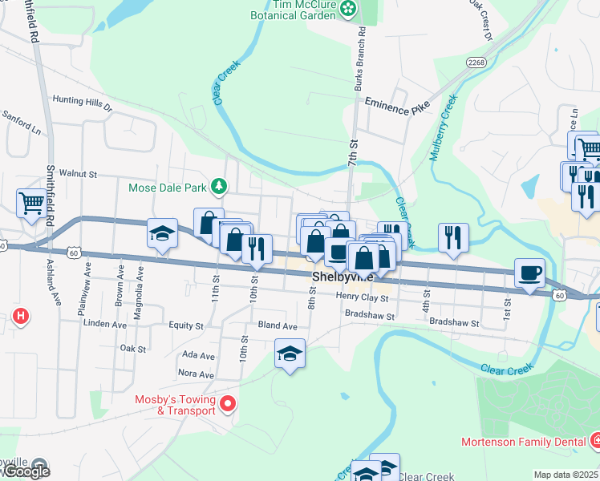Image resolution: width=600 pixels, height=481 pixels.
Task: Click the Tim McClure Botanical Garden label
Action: [x=294, y=9]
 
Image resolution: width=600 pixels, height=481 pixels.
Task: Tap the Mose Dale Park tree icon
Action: [x=218, y=188]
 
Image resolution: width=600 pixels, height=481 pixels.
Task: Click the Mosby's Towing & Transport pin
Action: [x=228, y=403]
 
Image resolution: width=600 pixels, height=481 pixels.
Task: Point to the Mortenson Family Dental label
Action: [x=524, y=441]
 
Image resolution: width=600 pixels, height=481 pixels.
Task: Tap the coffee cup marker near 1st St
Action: [x=529, y=273]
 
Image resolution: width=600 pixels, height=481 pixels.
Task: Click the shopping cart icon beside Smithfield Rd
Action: [x=31, y=203]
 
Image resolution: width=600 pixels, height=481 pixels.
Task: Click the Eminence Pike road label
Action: [x=397, y=103]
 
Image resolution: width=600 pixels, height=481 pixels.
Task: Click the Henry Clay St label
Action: [x=362, y=297]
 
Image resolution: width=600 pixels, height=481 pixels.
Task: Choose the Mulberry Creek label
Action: [x=442, y=128]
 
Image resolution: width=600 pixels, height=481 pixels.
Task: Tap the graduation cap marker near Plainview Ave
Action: [x=162, y=233]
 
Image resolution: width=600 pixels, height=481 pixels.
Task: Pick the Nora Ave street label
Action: [x=197, y=374]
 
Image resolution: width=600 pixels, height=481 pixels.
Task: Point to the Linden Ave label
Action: [x=105, y=325]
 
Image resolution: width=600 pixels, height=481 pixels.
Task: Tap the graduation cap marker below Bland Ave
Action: [x=290, y=354]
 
